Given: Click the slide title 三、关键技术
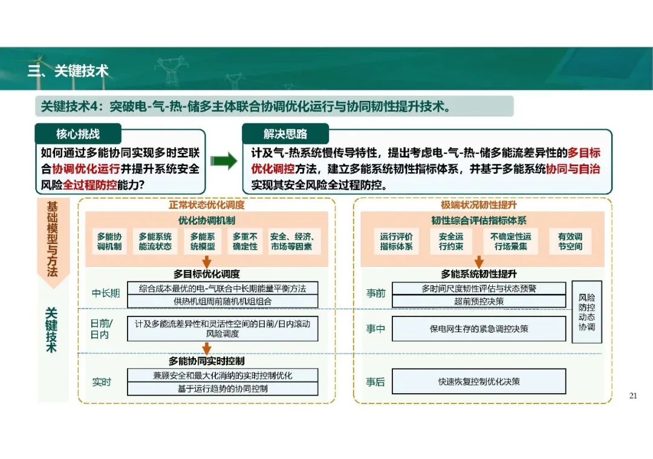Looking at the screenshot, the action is click(68, 71).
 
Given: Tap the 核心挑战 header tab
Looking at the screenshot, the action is click(78, 133).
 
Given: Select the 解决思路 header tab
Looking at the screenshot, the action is click(285, 133).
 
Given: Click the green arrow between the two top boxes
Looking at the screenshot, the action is click(224, 161).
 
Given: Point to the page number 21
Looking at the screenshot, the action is click(633, 396).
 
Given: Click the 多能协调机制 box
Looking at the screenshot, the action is click(109, 242).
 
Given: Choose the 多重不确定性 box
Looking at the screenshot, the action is click(245, 242).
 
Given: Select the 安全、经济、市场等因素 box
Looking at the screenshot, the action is click(292, 242).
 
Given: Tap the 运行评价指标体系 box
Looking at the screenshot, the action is click(396, 242).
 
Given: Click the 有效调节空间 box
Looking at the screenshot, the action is click(570, 242).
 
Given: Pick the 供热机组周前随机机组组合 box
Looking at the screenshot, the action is click(223, 301).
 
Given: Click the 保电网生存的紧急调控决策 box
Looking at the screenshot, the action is click(479, 329).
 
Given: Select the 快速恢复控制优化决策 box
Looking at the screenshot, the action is click(479, 382).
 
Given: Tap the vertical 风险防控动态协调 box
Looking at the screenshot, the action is click(586, 312).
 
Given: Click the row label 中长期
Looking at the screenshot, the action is click(106, 294).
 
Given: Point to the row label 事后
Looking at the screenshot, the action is click(375, 382).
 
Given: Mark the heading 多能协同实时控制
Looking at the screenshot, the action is click(207, 361).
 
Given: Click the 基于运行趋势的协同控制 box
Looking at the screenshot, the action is click(223, 389).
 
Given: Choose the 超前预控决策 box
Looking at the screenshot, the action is click(479, 301).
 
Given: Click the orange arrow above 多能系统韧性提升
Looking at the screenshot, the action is click(479, 262).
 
